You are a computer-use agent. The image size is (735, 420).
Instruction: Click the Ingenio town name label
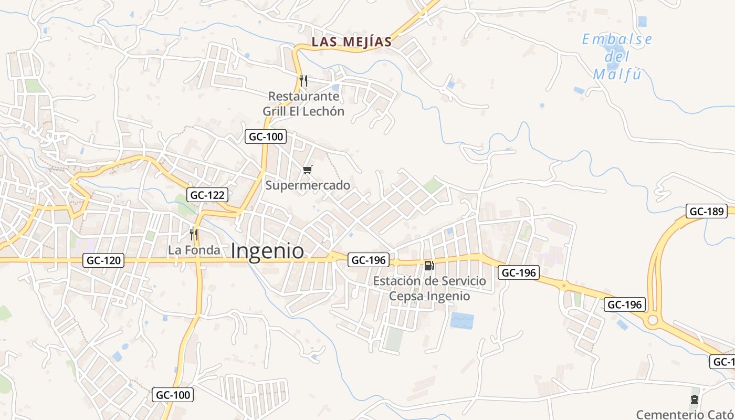click(267, 251)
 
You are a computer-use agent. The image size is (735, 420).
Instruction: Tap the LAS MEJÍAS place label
click(352, 42)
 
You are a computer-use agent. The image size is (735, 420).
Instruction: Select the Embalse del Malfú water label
click(617, 57)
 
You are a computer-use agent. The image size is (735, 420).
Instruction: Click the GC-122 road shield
click(207, 195)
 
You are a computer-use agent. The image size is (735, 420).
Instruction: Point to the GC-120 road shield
click(103, 260)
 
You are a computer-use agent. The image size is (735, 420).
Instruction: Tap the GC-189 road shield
click(706, 212)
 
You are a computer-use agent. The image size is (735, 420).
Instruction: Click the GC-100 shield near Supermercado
click(266, 137)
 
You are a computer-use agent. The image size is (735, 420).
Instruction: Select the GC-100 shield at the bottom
click(173, 394)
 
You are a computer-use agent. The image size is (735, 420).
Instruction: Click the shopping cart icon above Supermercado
click(308, 170)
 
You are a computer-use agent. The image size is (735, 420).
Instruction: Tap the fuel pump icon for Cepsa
click(429, 265)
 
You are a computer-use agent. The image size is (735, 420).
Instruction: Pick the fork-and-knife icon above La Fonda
click(194, 234)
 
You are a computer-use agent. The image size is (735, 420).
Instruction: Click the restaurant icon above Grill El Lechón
click(303, 80)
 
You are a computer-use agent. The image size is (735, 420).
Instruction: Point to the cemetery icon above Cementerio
click(695, 400)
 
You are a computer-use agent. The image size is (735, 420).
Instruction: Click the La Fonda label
click(194, 250)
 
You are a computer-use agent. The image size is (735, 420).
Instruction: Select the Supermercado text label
click(308, 185)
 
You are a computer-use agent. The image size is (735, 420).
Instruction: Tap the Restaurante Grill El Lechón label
click(303, 104)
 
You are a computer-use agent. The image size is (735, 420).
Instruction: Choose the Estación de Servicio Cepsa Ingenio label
click(429, 288)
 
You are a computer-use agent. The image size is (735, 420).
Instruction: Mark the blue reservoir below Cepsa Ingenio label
click(462, 320)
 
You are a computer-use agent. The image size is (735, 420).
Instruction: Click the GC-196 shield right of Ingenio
click(369, 260)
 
